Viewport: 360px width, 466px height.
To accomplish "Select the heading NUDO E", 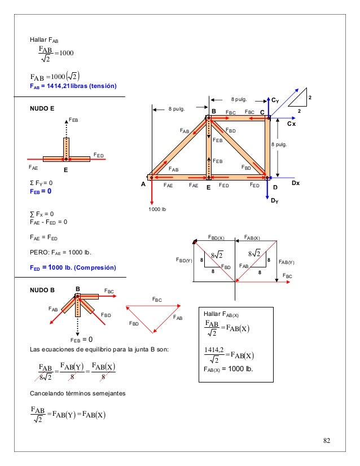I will click(x=43, y=107).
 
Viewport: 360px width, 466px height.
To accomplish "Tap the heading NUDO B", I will click(x=43, y=290).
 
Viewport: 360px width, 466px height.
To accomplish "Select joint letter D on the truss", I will click(x=275, y=187).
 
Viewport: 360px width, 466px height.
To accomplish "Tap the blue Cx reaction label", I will click(x=291, y=123).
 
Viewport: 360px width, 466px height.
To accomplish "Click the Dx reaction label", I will click(x=296, y=183).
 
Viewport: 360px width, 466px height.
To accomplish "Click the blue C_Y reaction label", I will click(x=275, y=100).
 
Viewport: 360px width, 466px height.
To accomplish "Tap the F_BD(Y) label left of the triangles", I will click(x=184, y=261).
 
